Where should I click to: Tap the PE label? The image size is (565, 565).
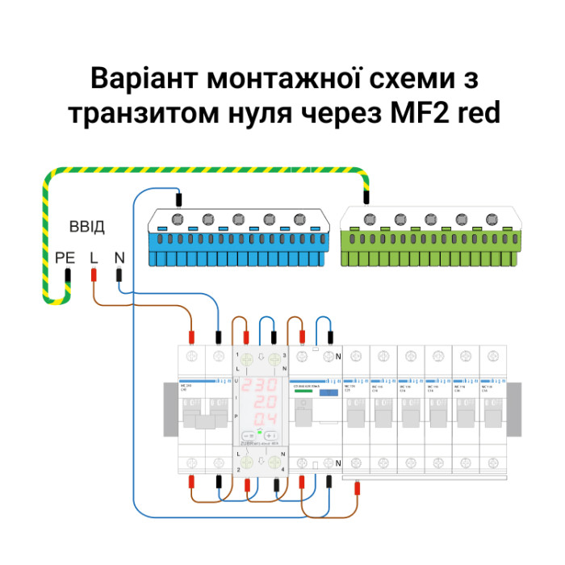(x=65, y=257)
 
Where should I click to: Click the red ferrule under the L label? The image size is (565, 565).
(x=94, y=275)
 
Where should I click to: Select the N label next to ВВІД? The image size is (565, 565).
(x=119, y=257)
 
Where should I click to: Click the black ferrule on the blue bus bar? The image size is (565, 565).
(x=178, y=196)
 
